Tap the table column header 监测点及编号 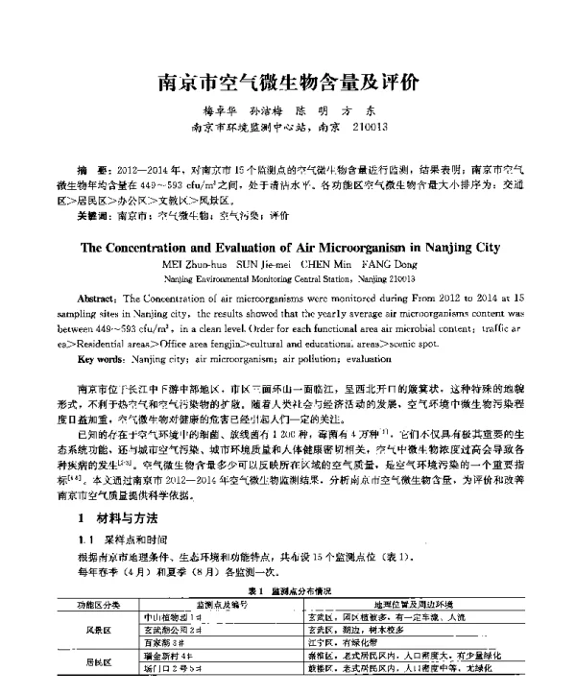tap(222, 606)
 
